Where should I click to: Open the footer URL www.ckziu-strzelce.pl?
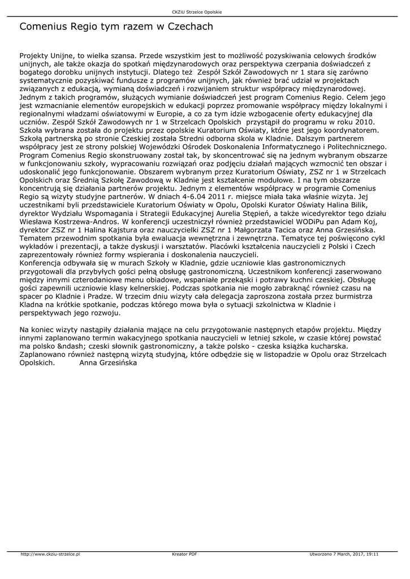point(50,554)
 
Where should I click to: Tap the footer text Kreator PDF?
point(184,554)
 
